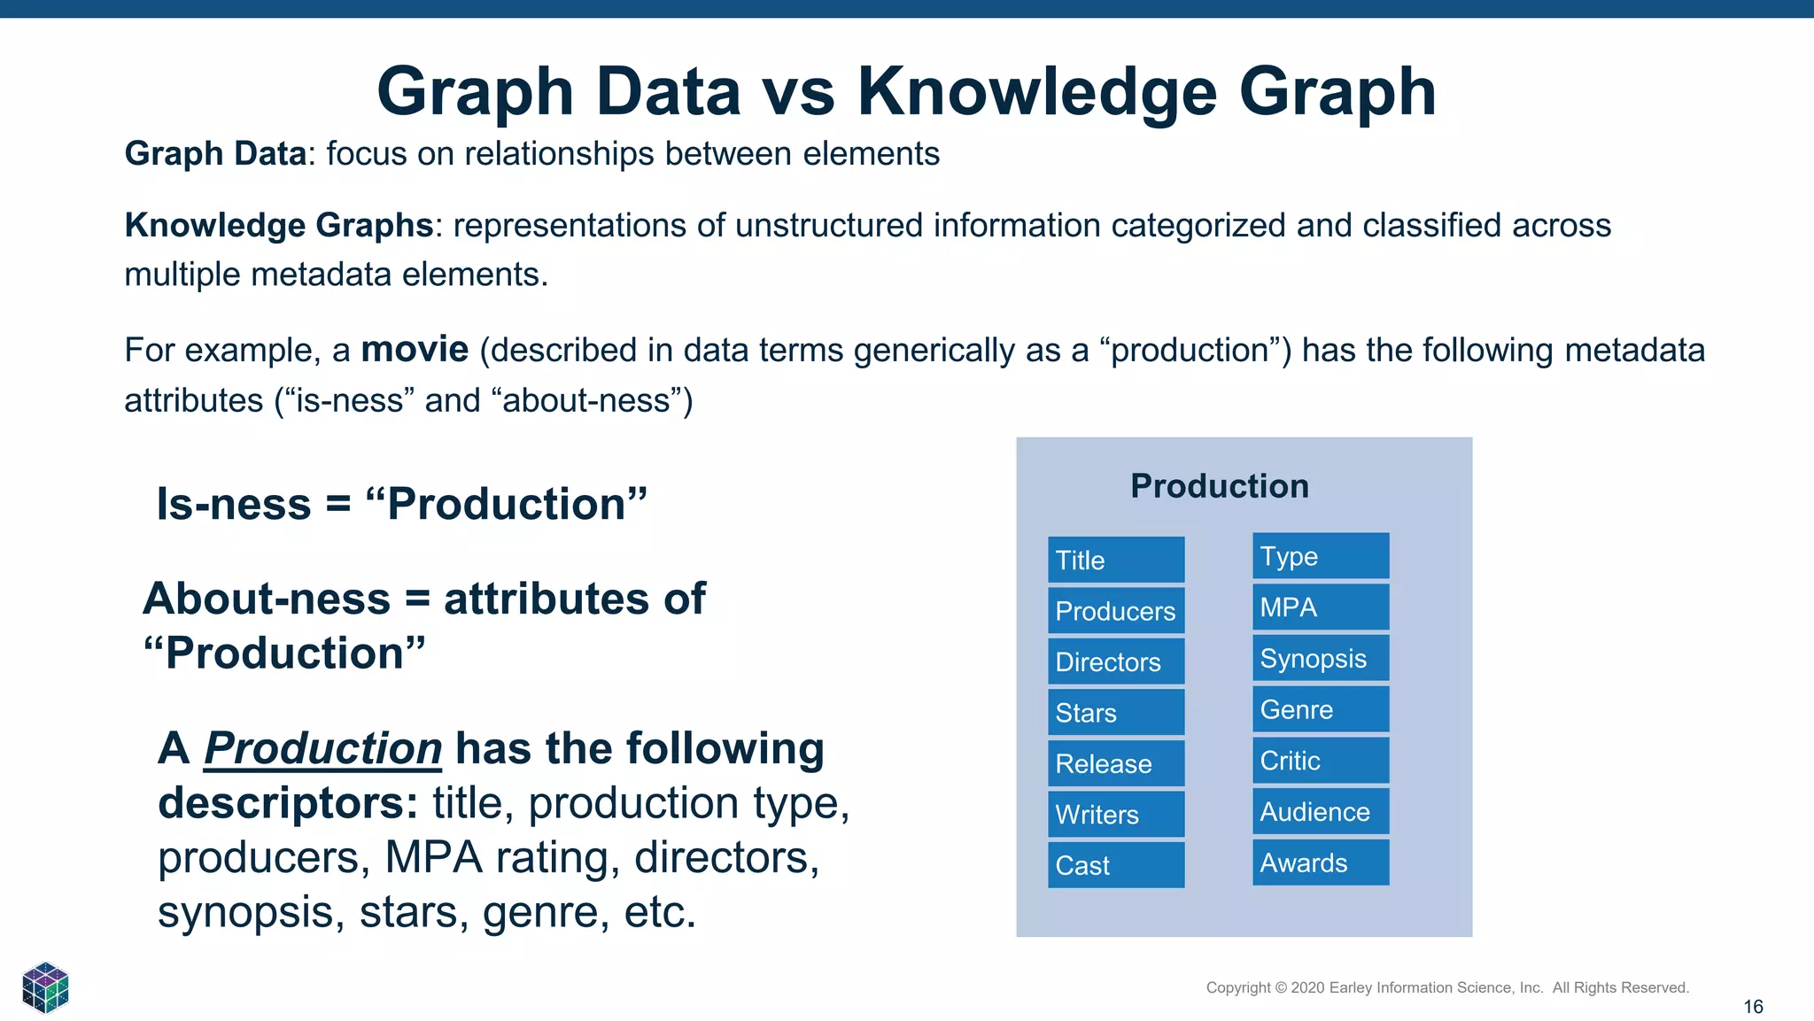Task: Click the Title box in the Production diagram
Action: [x=1115, y=560]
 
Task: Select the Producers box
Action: [x=1115, y=611]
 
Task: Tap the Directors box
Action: [x=1115, y=661]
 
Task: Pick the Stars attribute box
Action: [x=1115, y=713]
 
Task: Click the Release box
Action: [x=1115, y=763]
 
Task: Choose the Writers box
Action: [x=1115, y=815]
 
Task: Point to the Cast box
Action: [x=1115, y=865]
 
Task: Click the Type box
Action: [x=1320, y=556]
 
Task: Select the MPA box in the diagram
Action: [x=1320, y=607]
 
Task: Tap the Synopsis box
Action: [x=1320, y=658]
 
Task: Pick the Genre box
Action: [x=1320, y=709]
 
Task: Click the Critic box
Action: [x=1320, y=761]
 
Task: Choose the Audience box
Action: [x=1320, y=811]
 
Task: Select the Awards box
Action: [x=1320, y=862]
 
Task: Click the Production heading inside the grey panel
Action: [x=1219, y=486]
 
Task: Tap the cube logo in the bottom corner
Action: [x=45, y=987]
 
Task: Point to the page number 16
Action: [x=1753, y=1007]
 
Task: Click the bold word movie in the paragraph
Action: [x=415, y=350]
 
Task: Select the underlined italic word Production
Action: [x=323, y=748]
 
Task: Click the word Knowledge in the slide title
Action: [x=1037, y=91]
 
